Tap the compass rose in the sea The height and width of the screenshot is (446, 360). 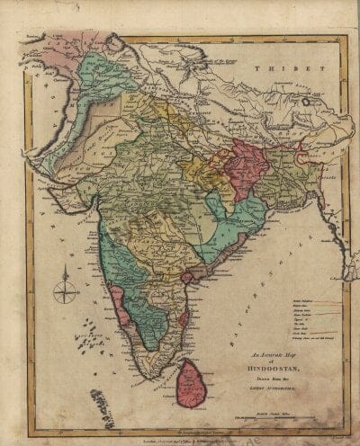click(66, 290)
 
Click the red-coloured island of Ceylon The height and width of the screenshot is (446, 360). click(193, 380)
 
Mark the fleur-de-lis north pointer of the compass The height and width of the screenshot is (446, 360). click(66, 275)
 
